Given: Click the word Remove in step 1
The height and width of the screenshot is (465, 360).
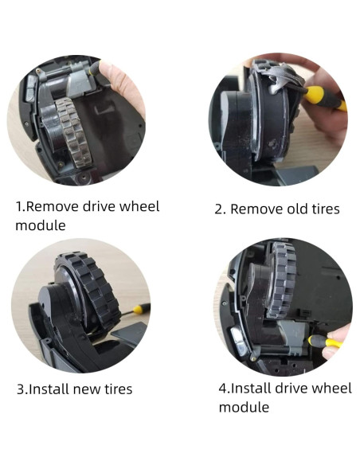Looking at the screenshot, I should point(52,207).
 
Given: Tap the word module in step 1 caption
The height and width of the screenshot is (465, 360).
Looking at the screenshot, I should point(40,225).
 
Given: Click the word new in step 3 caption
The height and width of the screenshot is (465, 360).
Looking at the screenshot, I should point(85,389).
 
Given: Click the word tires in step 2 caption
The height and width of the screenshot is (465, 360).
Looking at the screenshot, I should point(324,209).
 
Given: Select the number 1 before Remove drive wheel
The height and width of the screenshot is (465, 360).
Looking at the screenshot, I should point(19,207).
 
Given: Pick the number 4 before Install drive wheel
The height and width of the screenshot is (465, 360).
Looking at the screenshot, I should point(223,389).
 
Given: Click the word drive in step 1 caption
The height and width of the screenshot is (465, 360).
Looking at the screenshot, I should point(104,207).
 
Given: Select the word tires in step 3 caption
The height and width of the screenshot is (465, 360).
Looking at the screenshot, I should point(116,389).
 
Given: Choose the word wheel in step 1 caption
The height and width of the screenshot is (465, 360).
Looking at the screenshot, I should point(142,207).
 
